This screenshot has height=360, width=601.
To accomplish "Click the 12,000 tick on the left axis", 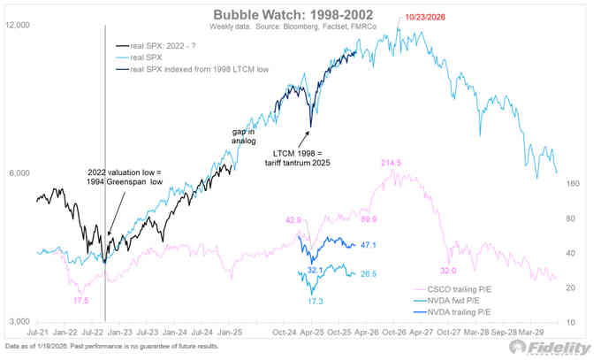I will point(19,26).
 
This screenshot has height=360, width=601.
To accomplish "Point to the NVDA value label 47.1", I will point(369,246).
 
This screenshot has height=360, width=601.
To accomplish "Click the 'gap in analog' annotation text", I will point(236,138).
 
